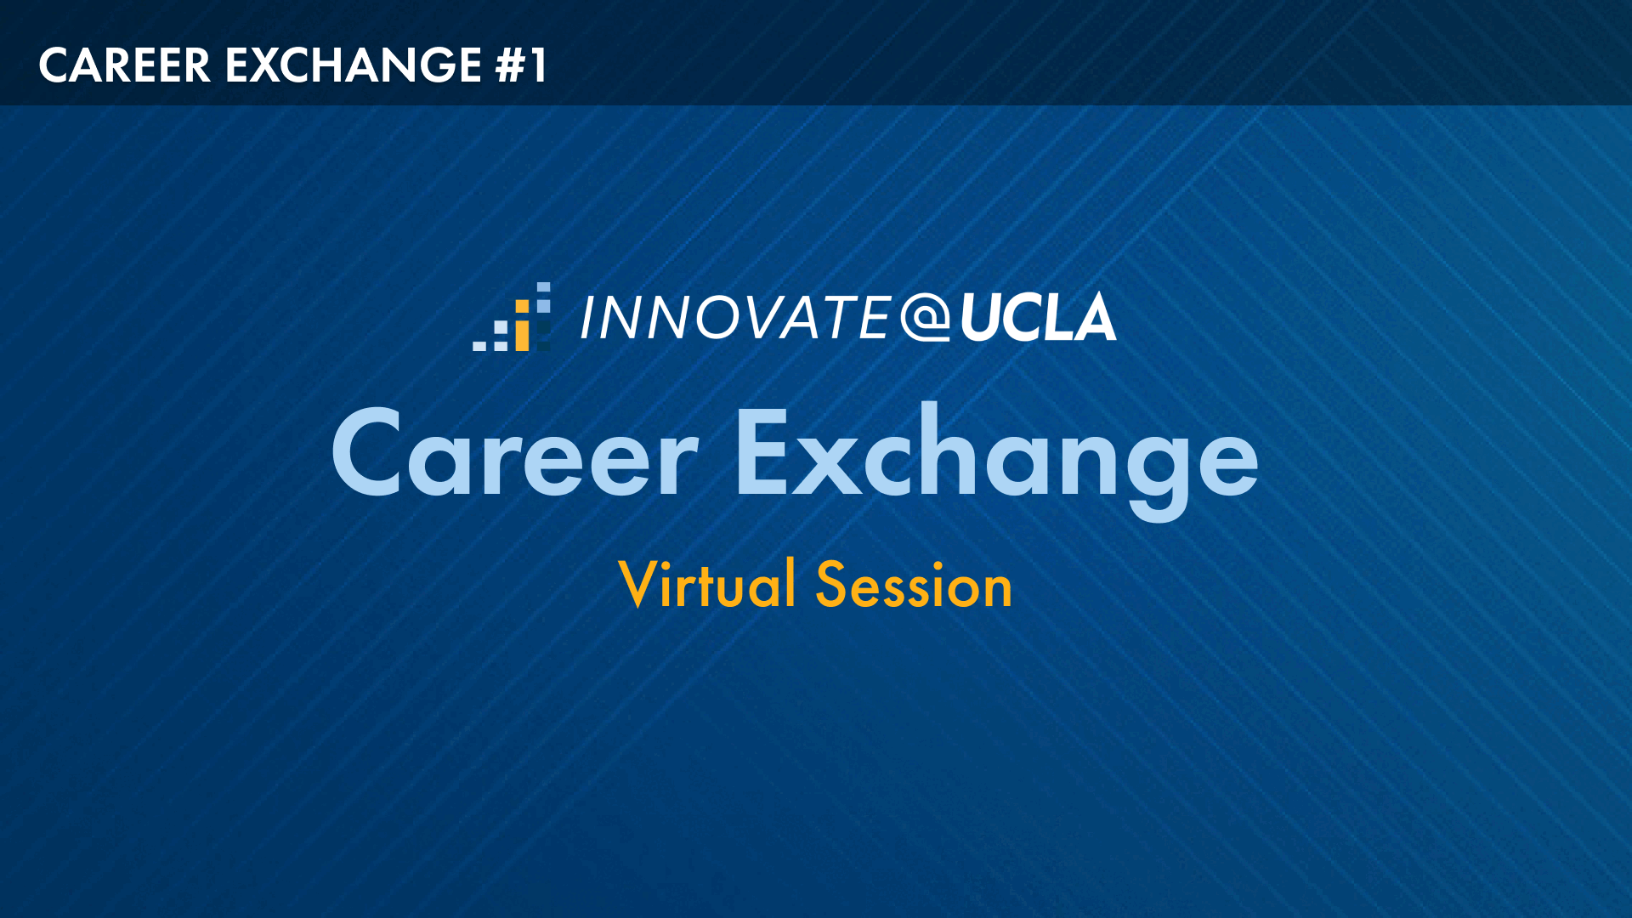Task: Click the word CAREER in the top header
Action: (x=124, y=65)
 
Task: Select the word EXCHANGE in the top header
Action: (x=354, y=65)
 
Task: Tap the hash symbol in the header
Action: (x=511, y=65)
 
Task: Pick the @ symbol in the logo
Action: (x=926, y=318)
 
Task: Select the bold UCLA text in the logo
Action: (x=1038, y=317)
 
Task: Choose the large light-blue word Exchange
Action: (x=996, y=459)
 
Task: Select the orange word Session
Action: (x=915, y=585)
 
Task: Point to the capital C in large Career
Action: (x=366, y=453)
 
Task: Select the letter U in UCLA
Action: (x=983, y=318)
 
